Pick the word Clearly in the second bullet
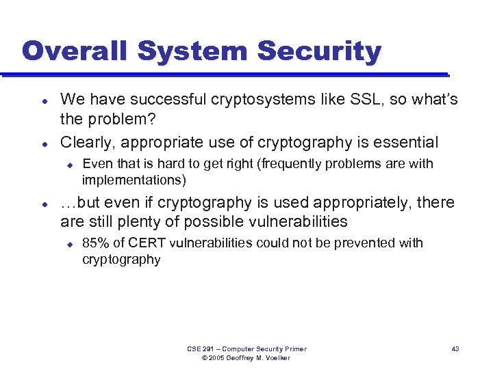86,142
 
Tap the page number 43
455,348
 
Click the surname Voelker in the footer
275,358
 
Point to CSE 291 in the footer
202,348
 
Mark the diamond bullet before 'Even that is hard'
69,164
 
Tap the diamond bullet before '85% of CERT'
69,243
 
